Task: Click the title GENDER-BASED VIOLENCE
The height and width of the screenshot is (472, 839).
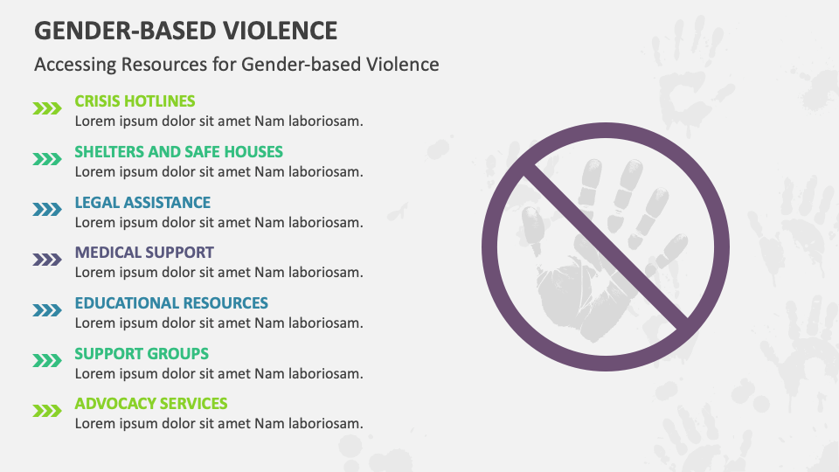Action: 185,31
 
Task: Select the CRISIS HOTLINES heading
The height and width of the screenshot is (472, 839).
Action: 135,101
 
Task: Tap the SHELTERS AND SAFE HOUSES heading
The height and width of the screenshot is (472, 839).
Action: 178,152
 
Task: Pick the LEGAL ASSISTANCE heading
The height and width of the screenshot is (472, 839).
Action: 142,202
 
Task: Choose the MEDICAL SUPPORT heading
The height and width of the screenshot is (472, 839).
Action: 144,253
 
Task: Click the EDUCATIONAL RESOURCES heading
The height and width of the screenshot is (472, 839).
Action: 171,303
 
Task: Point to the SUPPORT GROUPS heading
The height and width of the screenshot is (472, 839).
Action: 142,354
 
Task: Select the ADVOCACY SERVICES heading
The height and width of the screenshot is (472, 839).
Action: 151,404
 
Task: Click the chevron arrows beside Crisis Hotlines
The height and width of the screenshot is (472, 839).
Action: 47,108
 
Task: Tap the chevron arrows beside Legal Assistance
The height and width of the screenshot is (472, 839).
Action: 47,209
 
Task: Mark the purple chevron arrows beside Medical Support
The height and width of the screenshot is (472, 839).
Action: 47,260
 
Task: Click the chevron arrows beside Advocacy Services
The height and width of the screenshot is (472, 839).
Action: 47,411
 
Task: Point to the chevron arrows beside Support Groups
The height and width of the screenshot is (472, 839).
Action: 47,361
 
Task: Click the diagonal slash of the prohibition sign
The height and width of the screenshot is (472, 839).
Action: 606,246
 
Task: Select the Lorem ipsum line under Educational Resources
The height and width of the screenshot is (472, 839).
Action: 218,323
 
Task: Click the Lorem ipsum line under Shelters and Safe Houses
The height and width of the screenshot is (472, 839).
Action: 218,172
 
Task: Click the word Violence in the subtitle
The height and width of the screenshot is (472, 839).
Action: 402,65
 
